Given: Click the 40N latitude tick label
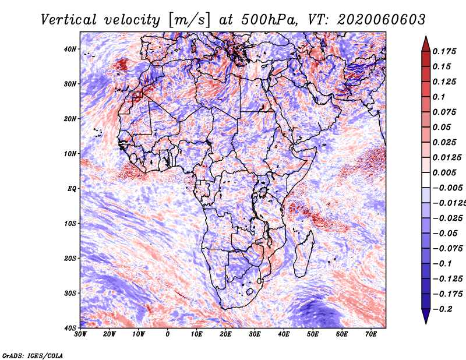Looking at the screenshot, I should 70,49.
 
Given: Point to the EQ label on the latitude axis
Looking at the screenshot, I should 71,189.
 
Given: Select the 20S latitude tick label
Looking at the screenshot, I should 70,258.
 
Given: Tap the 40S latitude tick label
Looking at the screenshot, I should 70,328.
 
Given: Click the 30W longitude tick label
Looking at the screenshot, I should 80,334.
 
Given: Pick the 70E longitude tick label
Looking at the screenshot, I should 370,334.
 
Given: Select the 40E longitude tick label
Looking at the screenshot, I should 284,334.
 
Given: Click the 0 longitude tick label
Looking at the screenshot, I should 168,334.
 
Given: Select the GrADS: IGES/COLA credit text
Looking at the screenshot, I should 33,355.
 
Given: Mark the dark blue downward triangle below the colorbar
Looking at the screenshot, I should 426,316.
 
